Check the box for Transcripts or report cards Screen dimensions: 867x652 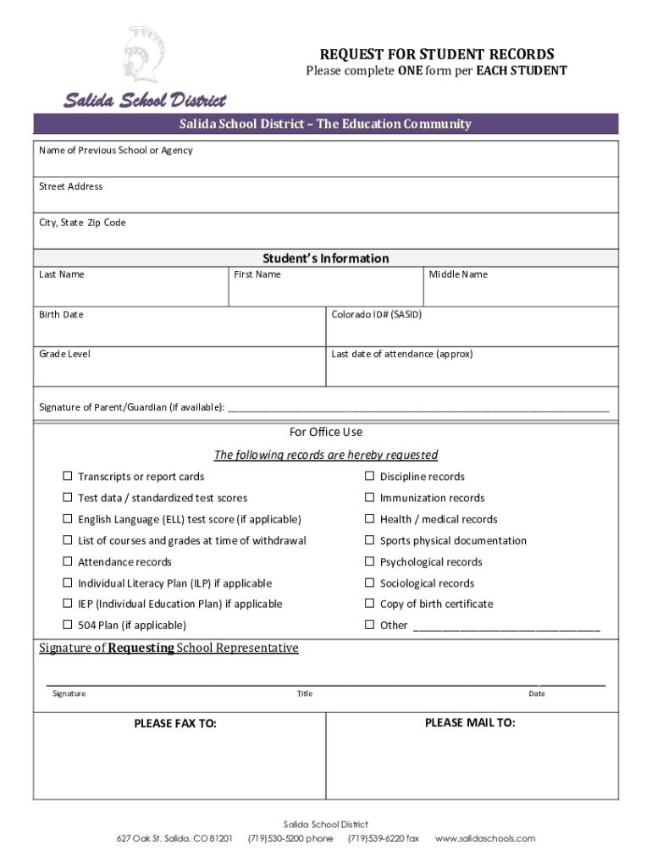coord(67,477)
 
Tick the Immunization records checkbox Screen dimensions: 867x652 coord(369,498)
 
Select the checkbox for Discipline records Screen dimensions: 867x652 coord(369,477)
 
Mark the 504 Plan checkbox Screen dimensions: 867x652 coord(67,625)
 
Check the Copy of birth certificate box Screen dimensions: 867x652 coord(369,604)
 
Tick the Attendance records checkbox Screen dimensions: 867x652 coord(67,561)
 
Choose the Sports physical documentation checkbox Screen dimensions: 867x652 coord(369,540)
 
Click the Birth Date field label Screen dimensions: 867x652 coord(61,315)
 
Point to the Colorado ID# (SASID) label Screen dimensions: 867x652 coord(376,315)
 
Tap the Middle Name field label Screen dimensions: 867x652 coord(458,274)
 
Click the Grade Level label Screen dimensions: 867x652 coord(64,354)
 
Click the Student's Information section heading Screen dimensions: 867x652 coord(325,258)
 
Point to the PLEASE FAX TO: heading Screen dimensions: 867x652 coord(175,724)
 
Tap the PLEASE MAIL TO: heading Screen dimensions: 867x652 coord(470,722)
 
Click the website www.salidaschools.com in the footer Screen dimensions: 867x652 coord(485,838)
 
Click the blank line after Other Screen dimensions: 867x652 coord(506,627)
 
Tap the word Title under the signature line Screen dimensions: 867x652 coord(304,694)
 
